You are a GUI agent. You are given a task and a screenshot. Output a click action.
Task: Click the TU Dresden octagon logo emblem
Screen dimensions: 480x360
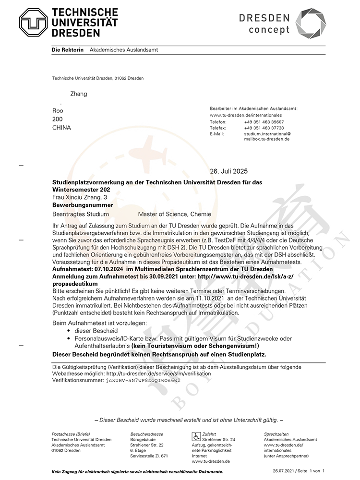pos(33,23)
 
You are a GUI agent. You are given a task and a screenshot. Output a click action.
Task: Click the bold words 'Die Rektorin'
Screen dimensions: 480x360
pos(68,50)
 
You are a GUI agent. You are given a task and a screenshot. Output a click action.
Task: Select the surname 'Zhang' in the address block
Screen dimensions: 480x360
pos(79,94)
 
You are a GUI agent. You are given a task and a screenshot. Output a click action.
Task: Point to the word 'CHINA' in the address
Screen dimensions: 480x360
pos(61,128)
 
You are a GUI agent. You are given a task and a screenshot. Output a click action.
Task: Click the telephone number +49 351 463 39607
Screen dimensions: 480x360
pos(264,122)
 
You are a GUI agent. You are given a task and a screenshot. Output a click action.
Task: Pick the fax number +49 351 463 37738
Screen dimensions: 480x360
pos(264,128)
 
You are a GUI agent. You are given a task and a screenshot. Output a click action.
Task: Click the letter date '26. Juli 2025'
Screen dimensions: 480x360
pos(229,172)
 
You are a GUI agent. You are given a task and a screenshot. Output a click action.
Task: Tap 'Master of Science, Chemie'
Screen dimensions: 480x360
pos(174,214)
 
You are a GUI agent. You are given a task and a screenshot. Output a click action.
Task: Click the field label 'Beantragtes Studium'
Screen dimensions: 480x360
pos(80,214)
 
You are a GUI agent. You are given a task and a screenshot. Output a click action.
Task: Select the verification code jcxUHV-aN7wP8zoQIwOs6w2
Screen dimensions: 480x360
pos(143,380)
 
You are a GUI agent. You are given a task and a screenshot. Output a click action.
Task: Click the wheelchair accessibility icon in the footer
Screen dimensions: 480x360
pos(196,436)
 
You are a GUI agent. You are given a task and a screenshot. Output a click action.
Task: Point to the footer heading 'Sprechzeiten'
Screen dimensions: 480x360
pos(276,434)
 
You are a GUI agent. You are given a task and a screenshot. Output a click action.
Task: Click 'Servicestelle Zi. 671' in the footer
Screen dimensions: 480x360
pos(149,456)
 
